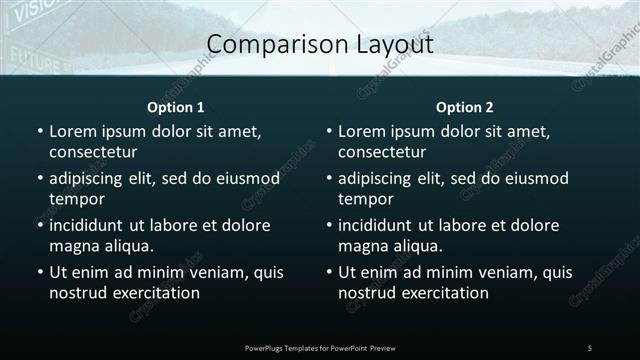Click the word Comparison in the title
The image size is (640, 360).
point(260,44)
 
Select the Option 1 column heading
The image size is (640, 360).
point(176,107)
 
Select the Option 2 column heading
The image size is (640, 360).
point(465,107)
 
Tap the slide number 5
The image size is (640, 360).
point(590,347)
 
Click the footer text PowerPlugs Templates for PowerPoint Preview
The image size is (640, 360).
point(320,347)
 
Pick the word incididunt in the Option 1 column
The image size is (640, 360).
point(91,225)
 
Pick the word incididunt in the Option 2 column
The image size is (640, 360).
point(380,225)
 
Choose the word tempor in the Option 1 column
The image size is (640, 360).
point(75,199)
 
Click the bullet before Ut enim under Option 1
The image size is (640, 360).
point(39,272)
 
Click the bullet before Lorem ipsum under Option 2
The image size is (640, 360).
point(328,131)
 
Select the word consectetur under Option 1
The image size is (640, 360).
point(93,152)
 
